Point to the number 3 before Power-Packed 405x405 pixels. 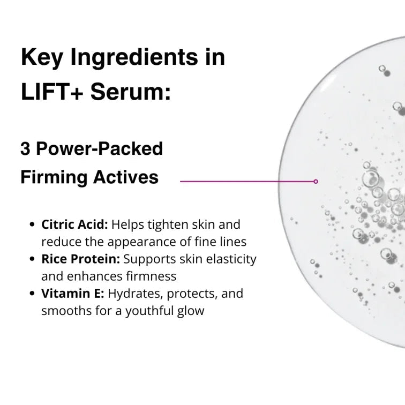pyautogui.click(x=25, y=148)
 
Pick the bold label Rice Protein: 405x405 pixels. pyautogui.click(x=81, y=259)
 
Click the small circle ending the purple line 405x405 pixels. pyautogui.click(x=316, y=182)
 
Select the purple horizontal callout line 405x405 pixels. pyautogui.click(x=246, y=182)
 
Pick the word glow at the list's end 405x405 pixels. pyautogui.click(x=192, y=311)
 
